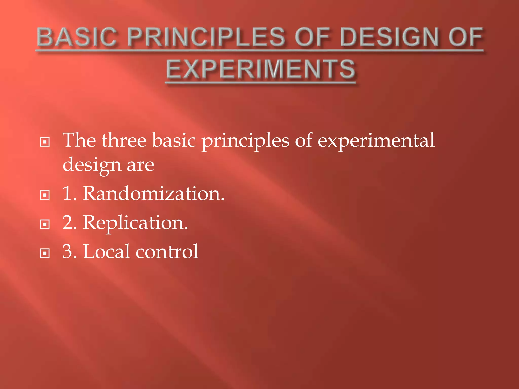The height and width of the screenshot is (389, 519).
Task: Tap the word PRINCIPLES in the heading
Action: [x=206, y=37]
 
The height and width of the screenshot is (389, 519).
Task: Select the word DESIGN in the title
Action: [x=389, y=37]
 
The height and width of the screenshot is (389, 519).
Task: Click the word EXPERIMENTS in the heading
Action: [x=261, y=69]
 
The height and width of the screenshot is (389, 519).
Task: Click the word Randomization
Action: [x=154, y=194]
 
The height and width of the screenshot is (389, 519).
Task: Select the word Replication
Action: [x=135, y=223]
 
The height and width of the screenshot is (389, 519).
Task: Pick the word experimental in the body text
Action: [x=376, y=141]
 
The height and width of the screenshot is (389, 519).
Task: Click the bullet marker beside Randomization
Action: [x=45, y=195]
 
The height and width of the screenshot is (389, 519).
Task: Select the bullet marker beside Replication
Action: [x=45, y=224]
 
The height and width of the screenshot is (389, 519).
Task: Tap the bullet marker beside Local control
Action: [x=45, y=253]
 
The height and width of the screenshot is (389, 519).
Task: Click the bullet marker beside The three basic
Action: [x=45, y=142]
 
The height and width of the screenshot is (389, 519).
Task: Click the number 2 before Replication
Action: [x=67, y=223]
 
